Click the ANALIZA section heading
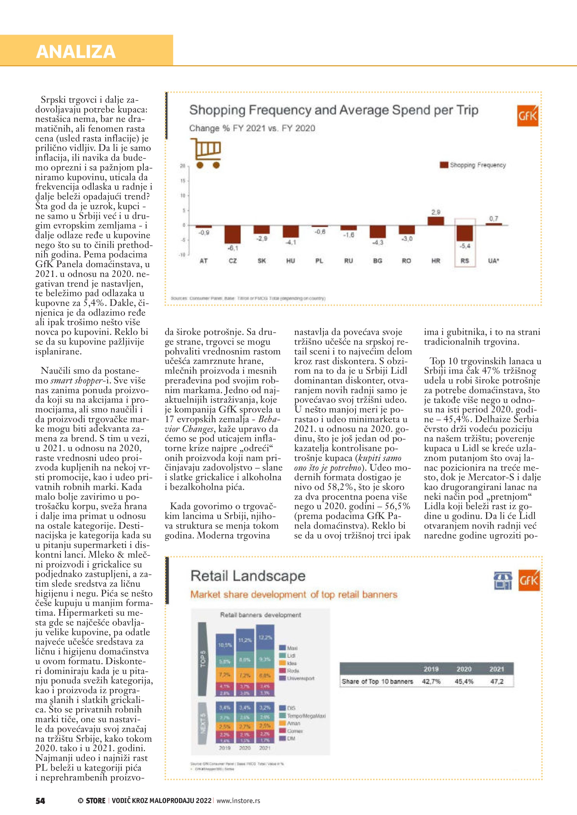coord(76,52)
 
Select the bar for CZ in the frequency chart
coord(232,234)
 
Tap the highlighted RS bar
coord(465,233)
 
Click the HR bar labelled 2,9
coord(435,221)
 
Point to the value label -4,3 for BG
coord(377,243)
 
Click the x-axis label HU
coord(290,261)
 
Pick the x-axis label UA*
coord(494,261)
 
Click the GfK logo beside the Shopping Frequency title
coord(528,116)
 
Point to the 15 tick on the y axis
coord(183,181)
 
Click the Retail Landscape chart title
coord(248,576)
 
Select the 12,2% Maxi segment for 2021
coord(265,637)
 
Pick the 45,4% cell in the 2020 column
coord(464,681)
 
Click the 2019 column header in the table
coord(431,669)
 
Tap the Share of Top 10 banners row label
coord(377,681)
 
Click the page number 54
coord(40,801)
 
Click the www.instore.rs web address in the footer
coord(238,801)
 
